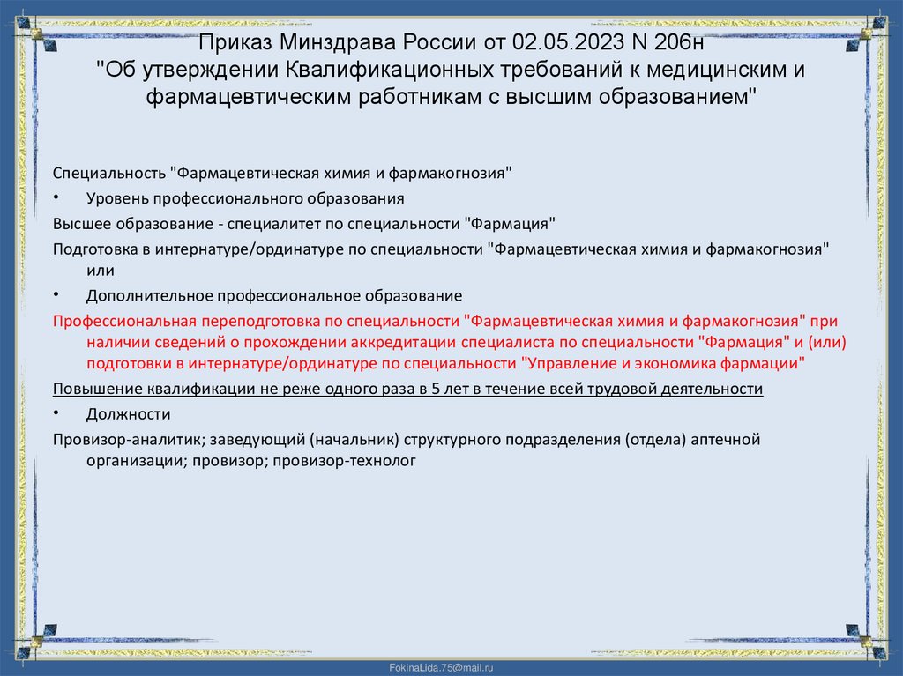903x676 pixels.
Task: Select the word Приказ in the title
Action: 234,41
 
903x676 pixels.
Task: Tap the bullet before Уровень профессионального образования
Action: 56,198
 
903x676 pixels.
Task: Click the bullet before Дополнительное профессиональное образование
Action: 56,295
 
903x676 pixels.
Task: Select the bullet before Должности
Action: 56,413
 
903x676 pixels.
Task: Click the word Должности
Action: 128,413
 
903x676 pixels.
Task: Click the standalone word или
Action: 101,271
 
